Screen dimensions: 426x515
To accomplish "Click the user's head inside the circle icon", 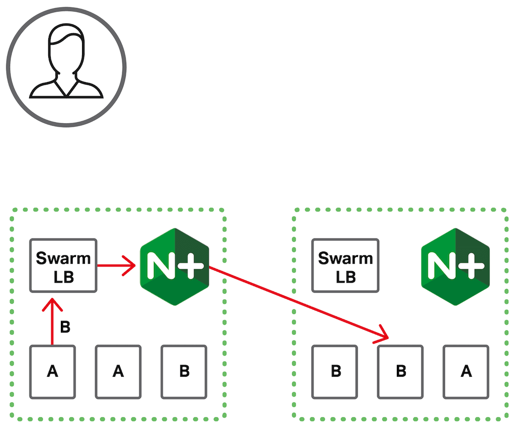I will (65, 50).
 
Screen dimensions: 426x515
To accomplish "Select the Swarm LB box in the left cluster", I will (63, 265).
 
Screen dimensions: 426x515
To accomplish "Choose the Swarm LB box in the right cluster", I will (345, 265).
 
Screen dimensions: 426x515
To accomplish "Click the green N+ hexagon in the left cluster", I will (174, 267).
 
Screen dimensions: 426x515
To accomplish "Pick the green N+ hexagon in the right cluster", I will (455, 267).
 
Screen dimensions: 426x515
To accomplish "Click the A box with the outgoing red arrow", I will (52, 372).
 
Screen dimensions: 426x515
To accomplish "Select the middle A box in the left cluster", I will (118, 372).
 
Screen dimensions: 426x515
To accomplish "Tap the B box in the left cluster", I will (184, 372).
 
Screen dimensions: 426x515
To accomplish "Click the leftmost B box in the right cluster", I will (334, 372).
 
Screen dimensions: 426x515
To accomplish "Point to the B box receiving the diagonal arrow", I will (400, 372).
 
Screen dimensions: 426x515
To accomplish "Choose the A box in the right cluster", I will (466, 372).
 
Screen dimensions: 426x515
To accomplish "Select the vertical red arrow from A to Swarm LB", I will (52, 322).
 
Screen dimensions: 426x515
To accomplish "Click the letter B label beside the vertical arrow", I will (65, 327).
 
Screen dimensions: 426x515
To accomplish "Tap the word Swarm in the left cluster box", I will (63, 258).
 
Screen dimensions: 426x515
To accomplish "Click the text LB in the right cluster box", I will (345, 277).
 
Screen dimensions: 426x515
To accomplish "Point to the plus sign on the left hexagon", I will (193, 267).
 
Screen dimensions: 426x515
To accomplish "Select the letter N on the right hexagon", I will (439, 267).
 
